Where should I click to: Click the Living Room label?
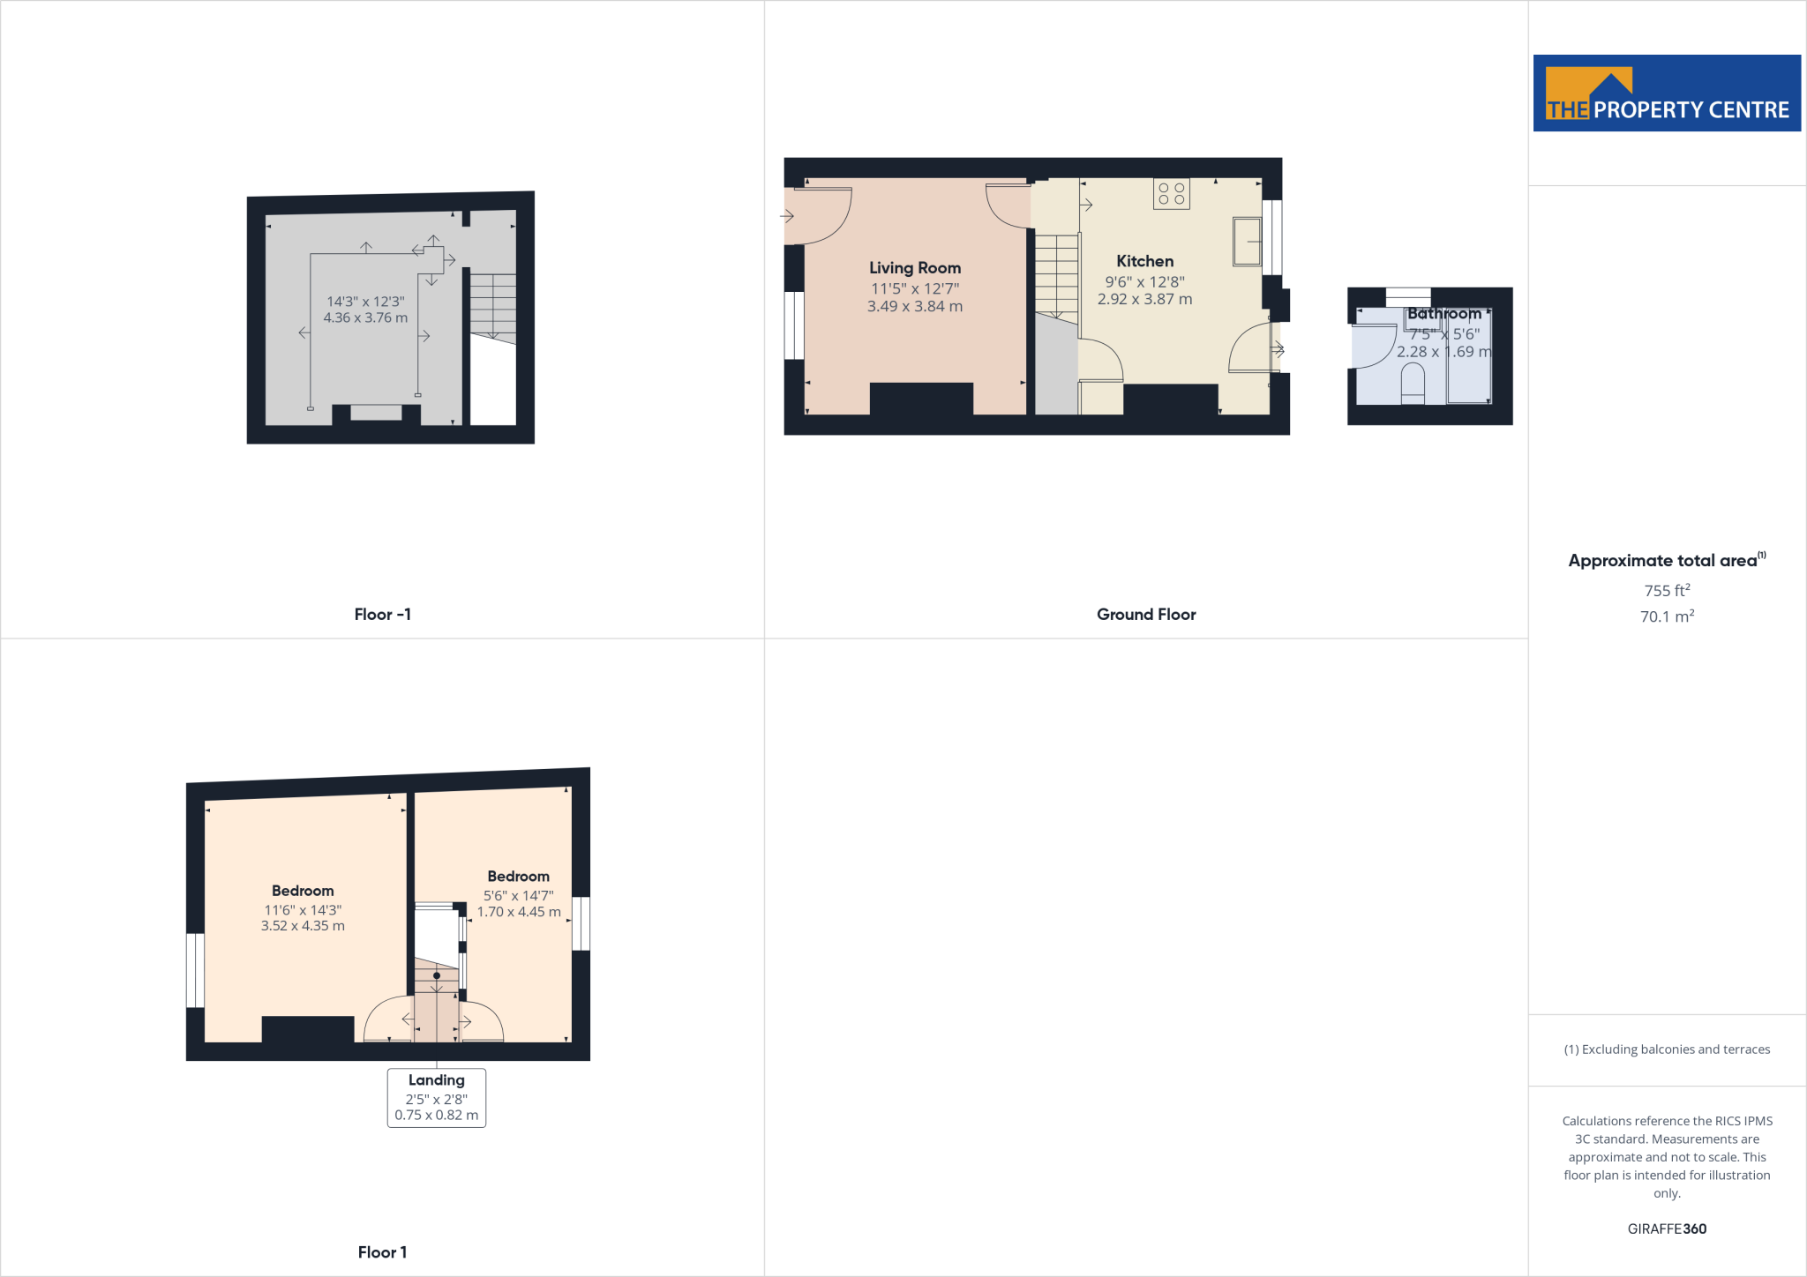pos(915,268)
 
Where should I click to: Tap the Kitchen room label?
pos(1144,261)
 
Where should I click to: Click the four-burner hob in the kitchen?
pos(1172,194)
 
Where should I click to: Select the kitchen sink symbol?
pos(1247,241)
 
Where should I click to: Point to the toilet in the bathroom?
pos(1413,384)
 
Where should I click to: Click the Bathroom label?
pos(1444,314)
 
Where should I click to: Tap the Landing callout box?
pos(437,1097)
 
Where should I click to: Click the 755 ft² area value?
pos(1667,591)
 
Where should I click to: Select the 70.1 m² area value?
pos(1667,616)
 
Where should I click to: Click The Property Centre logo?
pos(1667,93)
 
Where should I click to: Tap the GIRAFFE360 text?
pos(1667,1228)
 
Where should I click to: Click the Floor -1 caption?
pos(382,615)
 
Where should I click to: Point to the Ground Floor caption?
pos(1146,615)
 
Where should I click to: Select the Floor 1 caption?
pos(382,1252)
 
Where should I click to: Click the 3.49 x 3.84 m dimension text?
pos(915,307)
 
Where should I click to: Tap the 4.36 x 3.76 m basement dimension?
pos(365,317)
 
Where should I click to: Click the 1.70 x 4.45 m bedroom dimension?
pos(519,912)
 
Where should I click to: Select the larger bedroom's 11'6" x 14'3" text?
pos(303,910)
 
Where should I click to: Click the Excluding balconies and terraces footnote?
pos(1667,1049)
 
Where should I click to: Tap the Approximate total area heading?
pos(1663,561)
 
